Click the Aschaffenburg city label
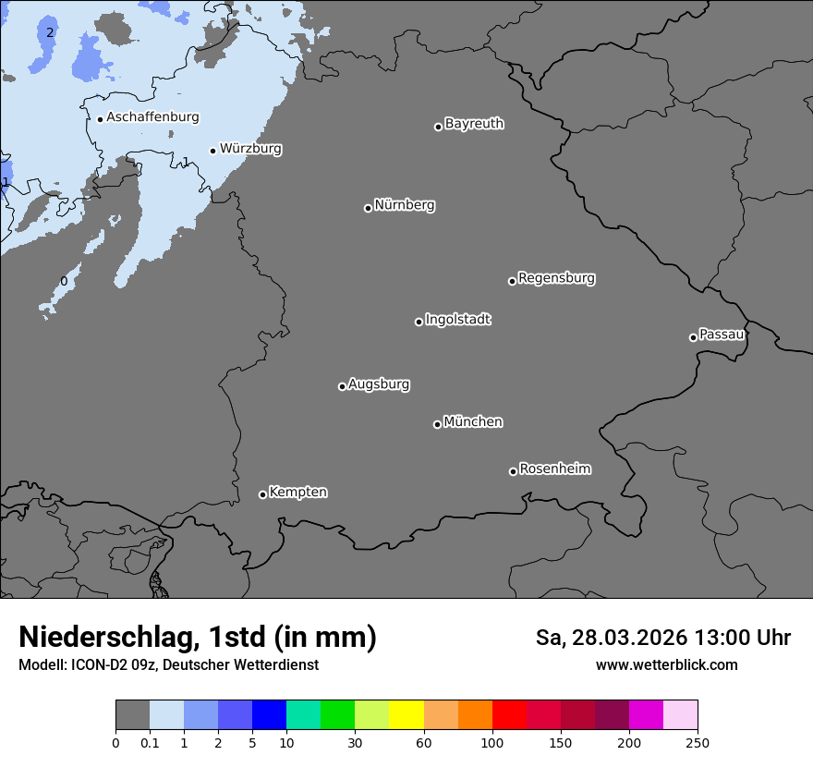tap(152, 117)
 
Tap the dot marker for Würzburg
tap(212, 151)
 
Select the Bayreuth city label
tap(474, 124)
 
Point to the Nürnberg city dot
tap(368, 208)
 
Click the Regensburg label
tap(556, 278)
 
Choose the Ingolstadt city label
tap(457, 320)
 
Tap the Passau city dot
tap(693, 337)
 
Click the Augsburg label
tap(379, 384)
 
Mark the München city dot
tap(437, 425)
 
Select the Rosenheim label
tap(554, 469)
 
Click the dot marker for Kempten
tap(262, 494)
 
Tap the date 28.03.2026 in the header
tap(628, 638)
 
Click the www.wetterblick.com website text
tap(666, 664)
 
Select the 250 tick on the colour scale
tap(698, 743)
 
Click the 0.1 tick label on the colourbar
tap(150, 743)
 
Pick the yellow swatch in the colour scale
tap(406, 715)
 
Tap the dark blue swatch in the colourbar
tap(269, 715)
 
